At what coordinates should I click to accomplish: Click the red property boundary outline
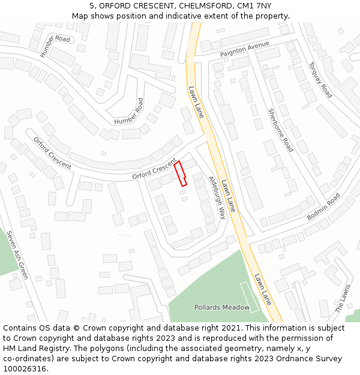click(x=181, y=173)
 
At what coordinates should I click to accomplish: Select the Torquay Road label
click(x=320, y=80)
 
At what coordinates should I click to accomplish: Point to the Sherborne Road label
click(x=281, y=130)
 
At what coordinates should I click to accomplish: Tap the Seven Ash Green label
click(x=18, y=254)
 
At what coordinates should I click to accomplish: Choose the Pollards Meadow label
click(x=221, y=307)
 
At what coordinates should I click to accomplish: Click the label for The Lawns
click(x=343, y=299)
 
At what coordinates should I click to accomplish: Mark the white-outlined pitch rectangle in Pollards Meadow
click(x=250, y=297)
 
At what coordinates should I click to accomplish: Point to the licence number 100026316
click(x=25, y=369)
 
